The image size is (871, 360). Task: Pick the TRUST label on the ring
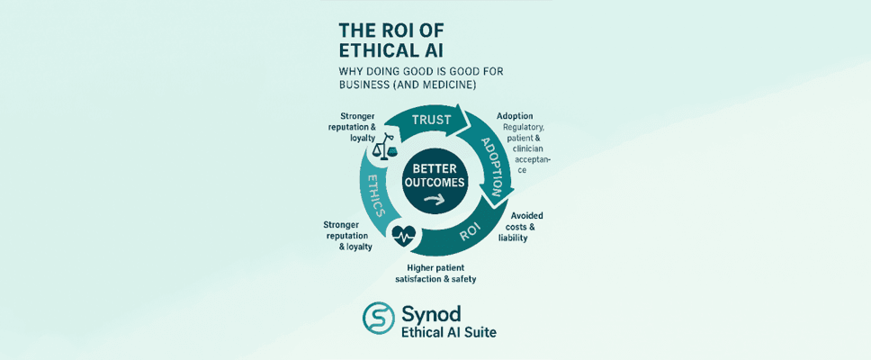(x=431, y=121)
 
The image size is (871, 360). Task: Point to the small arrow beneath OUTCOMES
(x=435, y=200)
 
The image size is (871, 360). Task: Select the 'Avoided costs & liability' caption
(x=523, y=226)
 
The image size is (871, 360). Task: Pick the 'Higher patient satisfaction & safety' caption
(x=428, y=273)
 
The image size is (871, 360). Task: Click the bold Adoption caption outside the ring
(x=516, y=116)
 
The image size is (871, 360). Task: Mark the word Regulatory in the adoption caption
(x=526, y=128)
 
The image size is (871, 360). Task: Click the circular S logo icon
(x=378, y=318)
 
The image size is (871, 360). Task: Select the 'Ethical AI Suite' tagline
(x=448, y=332)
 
